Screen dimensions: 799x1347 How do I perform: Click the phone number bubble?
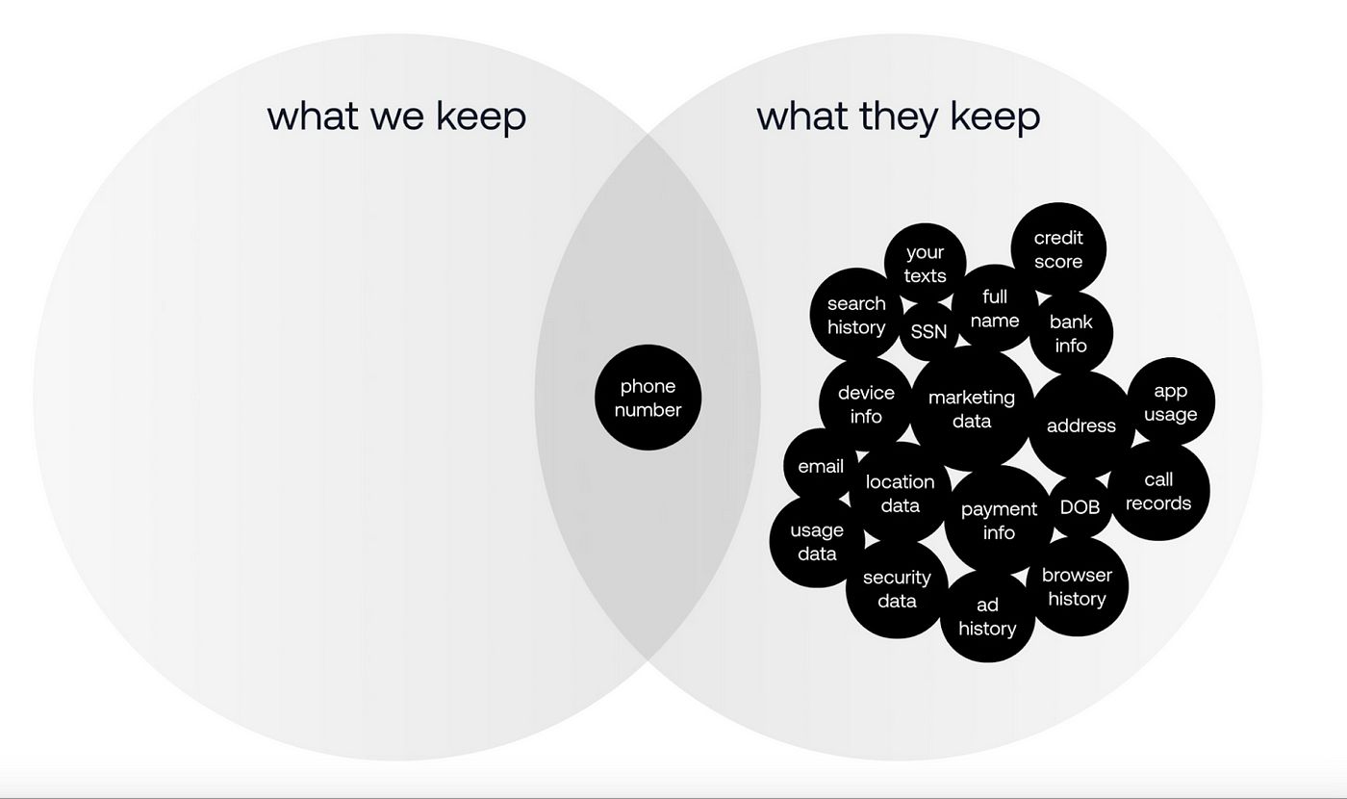pos(648,398)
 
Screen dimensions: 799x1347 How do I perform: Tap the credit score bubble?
pos(1058,249)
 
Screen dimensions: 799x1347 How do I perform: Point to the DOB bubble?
pos(1080,506)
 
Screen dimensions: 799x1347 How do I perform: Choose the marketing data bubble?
pos(972,409)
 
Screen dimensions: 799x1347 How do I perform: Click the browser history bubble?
pos(1077,586)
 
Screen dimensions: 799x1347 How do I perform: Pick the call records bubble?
pos(1158,491)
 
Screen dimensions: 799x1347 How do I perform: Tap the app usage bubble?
pos(1170,402)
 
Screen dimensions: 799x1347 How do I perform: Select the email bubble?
pos(821,466)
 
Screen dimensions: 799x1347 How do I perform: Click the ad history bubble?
pos(987,616)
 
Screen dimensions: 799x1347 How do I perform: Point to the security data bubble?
pos(897,588)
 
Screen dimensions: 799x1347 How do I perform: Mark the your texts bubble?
pos(925,264)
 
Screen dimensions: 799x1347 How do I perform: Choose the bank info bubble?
pos(1071,333)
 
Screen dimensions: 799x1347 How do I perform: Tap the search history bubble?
pos(856,315)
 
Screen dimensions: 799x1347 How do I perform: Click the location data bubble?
pos(900,493)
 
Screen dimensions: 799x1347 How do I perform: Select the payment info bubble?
pos(999,520)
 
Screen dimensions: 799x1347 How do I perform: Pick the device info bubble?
pos(866,404)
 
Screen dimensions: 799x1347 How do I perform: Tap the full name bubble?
pos(994,308)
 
